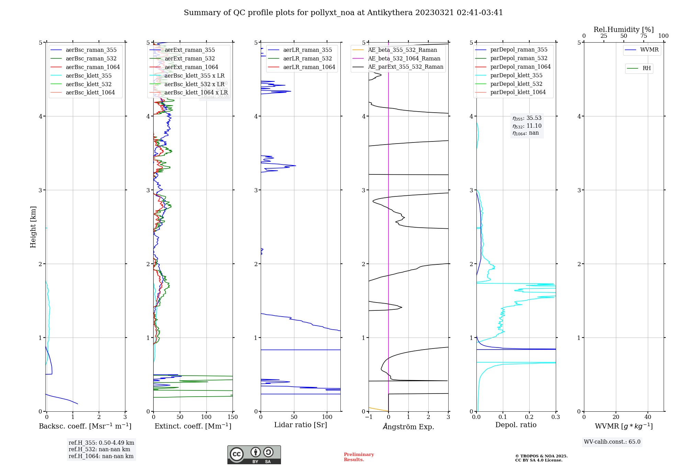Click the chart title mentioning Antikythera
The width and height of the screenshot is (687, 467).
(343, 13)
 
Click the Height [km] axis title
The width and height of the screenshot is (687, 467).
(33, 227)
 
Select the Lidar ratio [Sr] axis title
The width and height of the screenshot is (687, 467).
(301, 425)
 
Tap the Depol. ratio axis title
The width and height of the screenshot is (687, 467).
(516, 425)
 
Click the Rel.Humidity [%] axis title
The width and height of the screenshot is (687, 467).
(623, 30)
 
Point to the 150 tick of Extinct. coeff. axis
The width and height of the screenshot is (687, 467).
(233, 417)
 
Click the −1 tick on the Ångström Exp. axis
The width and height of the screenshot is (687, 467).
(369, 417)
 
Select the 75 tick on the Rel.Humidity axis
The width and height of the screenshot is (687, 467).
(643, 36)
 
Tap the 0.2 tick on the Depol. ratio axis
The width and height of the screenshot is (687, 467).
(529, 417)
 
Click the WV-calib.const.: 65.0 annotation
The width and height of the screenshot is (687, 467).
(612, 442)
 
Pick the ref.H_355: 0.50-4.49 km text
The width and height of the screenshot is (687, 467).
(101, 443)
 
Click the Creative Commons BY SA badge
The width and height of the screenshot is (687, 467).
(254, 455)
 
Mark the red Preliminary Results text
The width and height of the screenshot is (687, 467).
(359, 457)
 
